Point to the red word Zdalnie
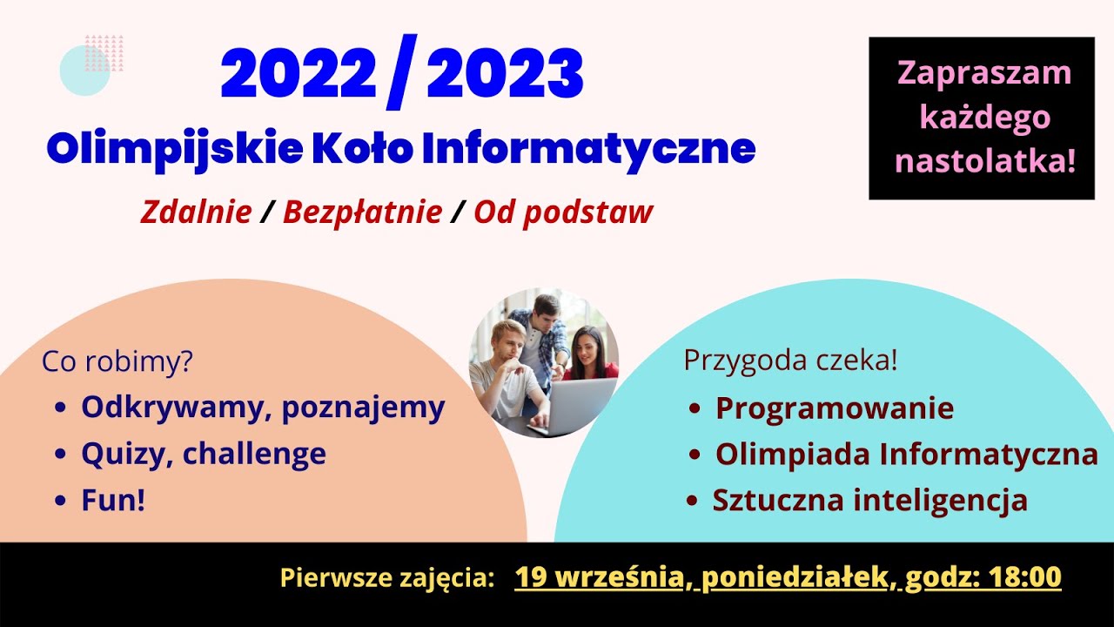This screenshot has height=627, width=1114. click(196, 212)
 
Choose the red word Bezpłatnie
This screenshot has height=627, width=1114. click(362, 212)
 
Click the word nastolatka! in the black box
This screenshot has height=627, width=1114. click(985, 160)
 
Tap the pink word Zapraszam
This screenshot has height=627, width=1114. click(984, 73)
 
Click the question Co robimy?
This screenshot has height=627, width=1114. click(117, 362)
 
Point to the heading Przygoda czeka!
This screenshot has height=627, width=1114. click(790, 361)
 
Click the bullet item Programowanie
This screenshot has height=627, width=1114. click(835, 408)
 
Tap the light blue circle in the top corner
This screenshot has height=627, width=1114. click(84, 71)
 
